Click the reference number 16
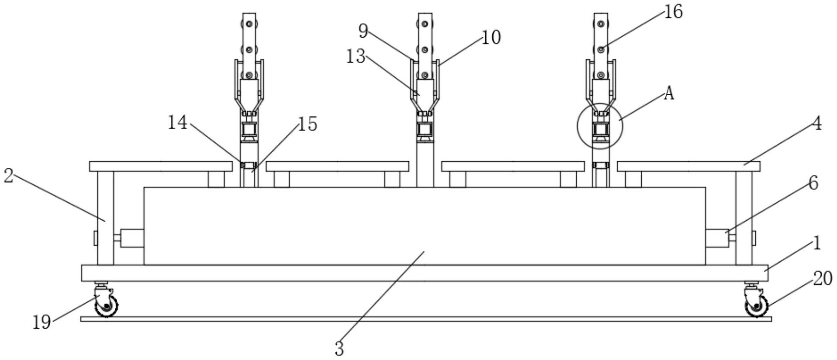pyautogui.click(x=673, y=12)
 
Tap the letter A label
pyautogui.click(x=669, y=93)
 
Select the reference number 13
pyautogui.click(x=356, y=56)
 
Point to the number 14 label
pyautogui.click(x=178, y=123)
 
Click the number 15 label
pyautogui.click(x=308, y=124)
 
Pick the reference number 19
pyautogui.click(x=42, y=323)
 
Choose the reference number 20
pyautogui.click(x=823, y=278)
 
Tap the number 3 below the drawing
pyautogui.click(x=339, y=349)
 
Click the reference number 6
pyautogui.click(x=813, y=183)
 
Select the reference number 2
pyautogui.click(x=8, y=176)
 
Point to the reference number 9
pyautogui.click(x=363, y=31)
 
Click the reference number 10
pyautogui.click(x=491, y=38)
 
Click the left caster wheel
pyautogui.click(x=107, y=305)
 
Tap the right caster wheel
pyautogui.click(x=757, y=305)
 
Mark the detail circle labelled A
pyautogui.click(x=600, y=126)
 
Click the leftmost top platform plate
pyautogui.click(x=161, y=166)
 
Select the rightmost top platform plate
pyautogui.click(x=688, y=166)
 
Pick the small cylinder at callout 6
pyautogui.click(x=717, y=238)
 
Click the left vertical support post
pyautogui.click(x=105, y=218)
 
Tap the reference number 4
pyautogui.click(x=817, y=124)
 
